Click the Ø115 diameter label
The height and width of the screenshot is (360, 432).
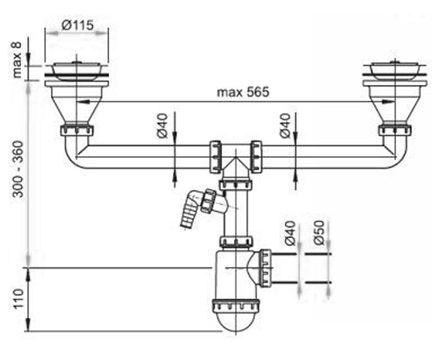click(78, 25)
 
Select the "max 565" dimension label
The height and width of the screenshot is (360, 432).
click(243, 92)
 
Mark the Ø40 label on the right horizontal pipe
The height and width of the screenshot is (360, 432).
click(285, 126)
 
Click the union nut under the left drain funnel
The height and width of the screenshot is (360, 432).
click(77, 130)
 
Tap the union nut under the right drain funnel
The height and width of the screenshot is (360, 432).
click(395, 130)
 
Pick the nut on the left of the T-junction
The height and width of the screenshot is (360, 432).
click(215, 157)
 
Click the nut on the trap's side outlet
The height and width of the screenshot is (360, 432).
click(265, 269)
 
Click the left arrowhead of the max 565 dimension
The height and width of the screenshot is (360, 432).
click(84, 102)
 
